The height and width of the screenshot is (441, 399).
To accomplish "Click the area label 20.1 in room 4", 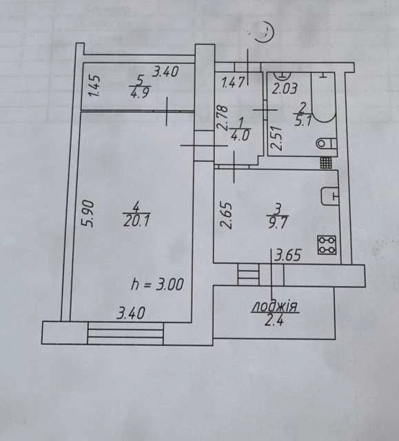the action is coord(136,221).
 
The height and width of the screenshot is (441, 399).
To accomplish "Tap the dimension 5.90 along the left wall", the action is coord(87,213).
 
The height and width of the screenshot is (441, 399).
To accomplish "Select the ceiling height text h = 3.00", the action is coord(157,284).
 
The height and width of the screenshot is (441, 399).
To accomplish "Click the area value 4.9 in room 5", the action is coord(139,92).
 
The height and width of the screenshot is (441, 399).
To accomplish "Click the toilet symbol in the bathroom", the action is coord(327,144).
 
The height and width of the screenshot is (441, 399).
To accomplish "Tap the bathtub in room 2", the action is coord(323,97).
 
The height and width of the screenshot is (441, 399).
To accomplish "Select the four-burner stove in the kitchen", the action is coord(327,245).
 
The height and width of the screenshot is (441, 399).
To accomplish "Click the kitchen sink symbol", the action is coord(329,196).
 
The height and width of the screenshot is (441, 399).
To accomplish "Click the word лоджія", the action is coord(275,307).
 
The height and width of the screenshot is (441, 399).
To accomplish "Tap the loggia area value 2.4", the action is coord(274,320).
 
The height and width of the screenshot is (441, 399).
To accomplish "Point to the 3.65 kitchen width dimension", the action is coord(288,256).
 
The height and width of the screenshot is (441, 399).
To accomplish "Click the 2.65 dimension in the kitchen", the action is coord(226,215).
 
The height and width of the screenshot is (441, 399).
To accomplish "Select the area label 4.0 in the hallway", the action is coord(240,136).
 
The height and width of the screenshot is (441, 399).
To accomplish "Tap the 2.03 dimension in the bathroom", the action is coord(284,88).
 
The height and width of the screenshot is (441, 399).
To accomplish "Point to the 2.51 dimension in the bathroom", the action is coord(276,138).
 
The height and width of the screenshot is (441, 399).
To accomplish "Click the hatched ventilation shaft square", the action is coord(326,163).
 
